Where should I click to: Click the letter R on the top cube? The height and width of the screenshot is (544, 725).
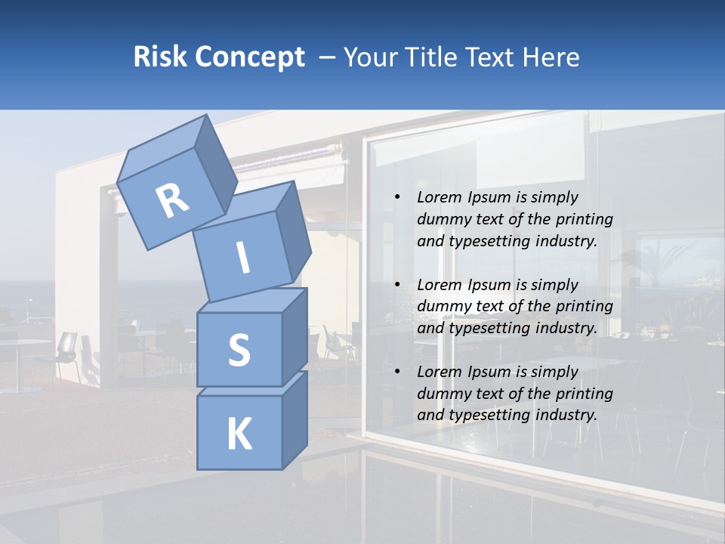point(172,200)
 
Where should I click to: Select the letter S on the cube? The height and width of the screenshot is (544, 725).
point(239,350)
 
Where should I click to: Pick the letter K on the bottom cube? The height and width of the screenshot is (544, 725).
point(239,434)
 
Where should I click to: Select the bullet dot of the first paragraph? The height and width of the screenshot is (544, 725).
point(396,197)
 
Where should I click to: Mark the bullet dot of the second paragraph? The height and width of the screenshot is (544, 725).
point(396,285)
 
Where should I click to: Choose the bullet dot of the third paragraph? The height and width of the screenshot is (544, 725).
point(396,372)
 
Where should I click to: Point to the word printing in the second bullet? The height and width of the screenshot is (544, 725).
point(584,306)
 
